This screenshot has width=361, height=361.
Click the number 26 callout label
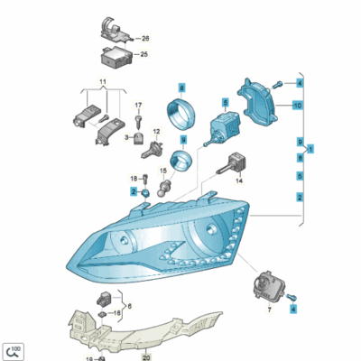[x=145, y=39]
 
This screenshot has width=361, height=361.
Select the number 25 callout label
[x=144, y=54]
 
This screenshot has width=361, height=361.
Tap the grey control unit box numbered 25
[x=116, y=57]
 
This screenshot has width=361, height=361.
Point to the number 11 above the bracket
[x=103, y=81]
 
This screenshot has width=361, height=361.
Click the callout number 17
[x=138, y=106]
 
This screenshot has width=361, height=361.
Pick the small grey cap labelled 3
[x=138, y=139]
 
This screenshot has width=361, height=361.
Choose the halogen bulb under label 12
[x=153, y=149]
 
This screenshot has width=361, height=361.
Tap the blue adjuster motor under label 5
[x=223, y=127]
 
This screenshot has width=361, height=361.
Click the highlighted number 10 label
[x=298, y=106]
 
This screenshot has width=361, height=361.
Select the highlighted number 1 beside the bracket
[x=310, y=149]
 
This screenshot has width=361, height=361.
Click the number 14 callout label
[x=239, y=180]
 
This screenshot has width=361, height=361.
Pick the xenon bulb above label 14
[x=233, y=165]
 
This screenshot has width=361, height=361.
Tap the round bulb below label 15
[x=164, y=188]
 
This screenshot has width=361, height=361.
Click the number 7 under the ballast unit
[x=269, y=310]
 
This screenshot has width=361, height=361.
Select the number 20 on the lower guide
[x=146, y=357]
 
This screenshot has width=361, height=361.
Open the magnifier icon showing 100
[x=13, y=351]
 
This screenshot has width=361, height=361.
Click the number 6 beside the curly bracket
[x=130, y=306]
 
